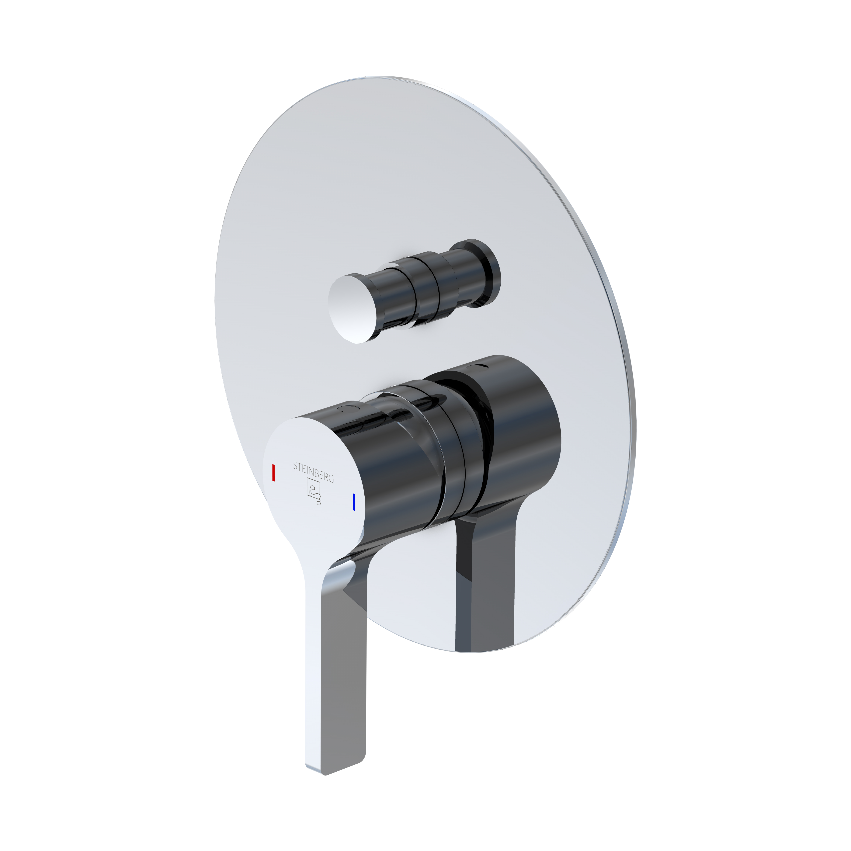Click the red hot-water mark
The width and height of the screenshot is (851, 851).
click(x=273, y=472)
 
